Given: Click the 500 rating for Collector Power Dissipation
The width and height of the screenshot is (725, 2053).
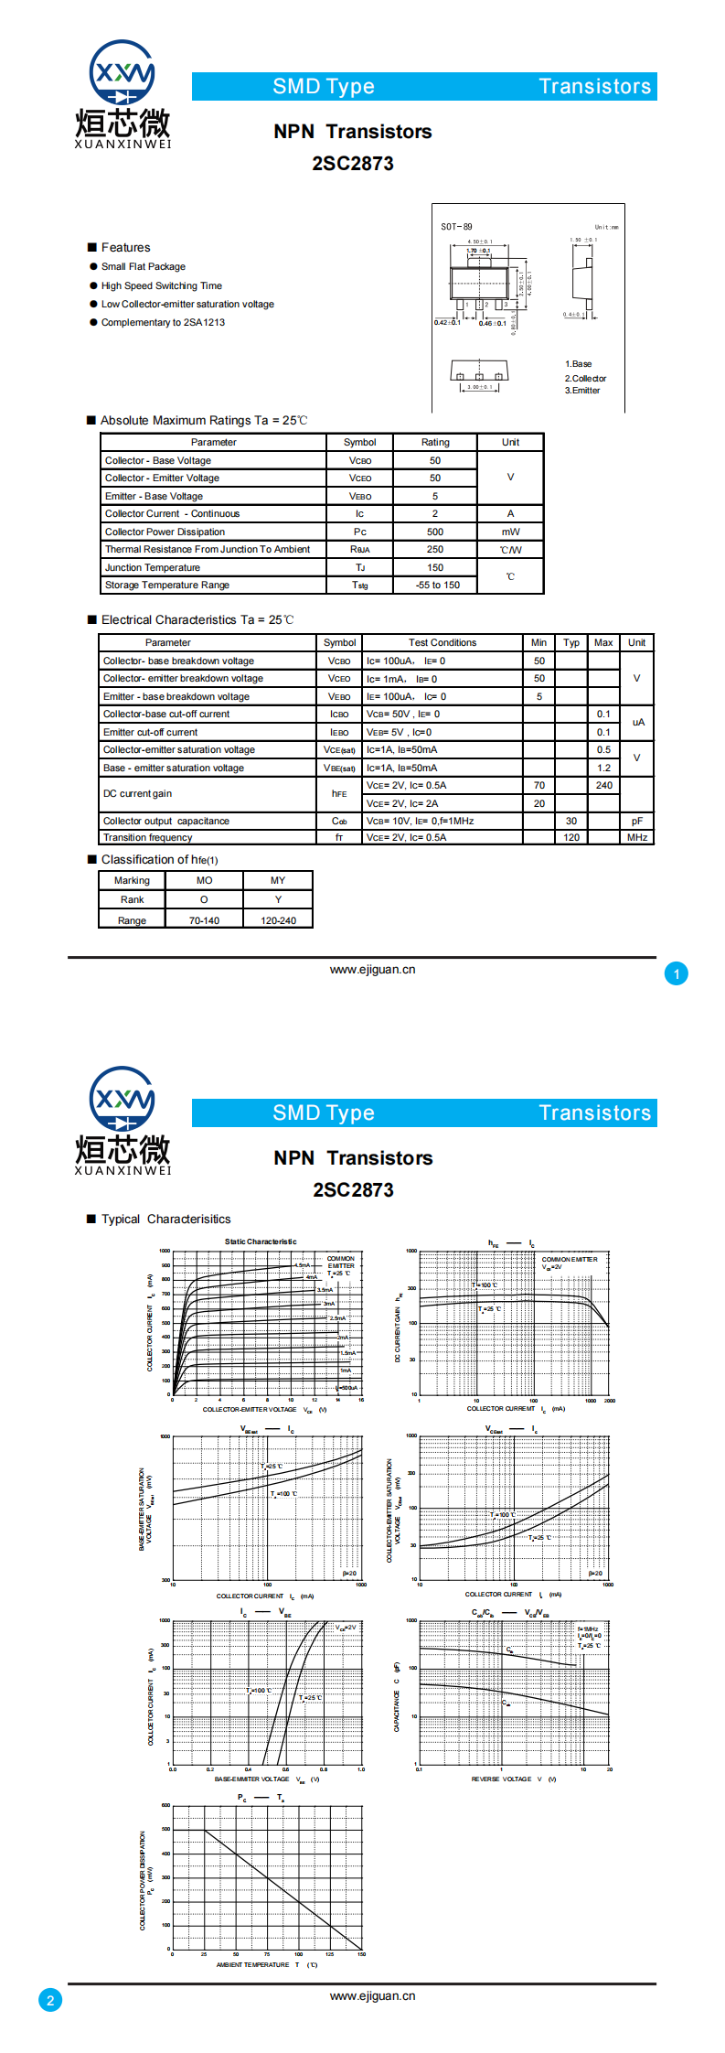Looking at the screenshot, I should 435,532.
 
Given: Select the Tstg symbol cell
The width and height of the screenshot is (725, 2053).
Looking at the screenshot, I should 360,586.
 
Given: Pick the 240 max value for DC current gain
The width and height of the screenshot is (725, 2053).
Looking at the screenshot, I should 603,785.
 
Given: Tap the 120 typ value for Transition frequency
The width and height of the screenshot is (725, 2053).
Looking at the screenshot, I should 571,837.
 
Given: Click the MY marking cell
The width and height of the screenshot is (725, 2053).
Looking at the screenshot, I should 278,880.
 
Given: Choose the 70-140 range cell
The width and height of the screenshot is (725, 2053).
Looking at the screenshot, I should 204,920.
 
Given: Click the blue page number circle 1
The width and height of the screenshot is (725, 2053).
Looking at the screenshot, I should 677,973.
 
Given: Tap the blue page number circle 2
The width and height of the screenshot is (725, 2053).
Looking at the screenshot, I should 50,2000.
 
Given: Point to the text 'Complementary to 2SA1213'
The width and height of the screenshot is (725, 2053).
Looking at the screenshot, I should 163,322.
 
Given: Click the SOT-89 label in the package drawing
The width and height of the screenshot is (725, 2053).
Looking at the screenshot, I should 456,227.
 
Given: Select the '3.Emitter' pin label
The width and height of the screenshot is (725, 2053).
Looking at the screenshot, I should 582,391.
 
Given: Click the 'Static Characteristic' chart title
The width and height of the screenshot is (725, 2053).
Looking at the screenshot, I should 261,1241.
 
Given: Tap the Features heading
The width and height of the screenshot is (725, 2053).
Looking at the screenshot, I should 125,247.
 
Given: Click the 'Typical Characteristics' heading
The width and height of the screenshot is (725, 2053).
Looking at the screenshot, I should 165,1219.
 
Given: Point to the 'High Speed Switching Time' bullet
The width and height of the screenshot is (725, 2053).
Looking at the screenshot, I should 161,285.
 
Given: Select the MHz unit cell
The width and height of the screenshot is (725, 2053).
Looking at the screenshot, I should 637,837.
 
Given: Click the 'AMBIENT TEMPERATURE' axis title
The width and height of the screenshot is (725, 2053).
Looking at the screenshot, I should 252,1964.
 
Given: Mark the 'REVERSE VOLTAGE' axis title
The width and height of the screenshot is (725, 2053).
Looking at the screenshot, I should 501,1779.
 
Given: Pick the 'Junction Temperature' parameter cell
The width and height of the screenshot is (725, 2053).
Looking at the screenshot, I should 153,567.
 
